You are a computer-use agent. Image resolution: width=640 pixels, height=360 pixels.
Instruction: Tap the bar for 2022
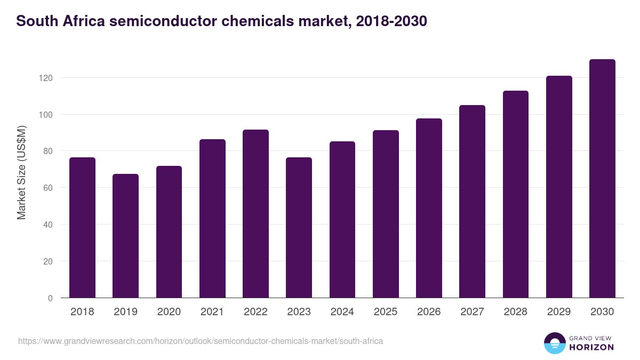click(x=255, y=214)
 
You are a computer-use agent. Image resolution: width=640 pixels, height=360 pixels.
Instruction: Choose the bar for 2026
click(x=429, y=208)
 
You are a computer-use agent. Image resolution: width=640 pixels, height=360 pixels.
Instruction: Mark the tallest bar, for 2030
click(x=602, y=179)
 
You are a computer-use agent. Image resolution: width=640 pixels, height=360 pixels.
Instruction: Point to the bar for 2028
click(x=515, y=194)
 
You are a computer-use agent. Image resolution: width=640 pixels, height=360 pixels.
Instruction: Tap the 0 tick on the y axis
click(x=50, y=298)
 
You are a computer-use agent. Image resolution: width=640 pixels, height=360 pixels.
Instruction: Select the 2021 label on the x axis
click(x=212, y=312)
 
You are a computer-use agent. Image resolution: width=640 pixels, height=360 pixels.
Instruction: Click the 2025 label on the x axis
click(x=386, y=312)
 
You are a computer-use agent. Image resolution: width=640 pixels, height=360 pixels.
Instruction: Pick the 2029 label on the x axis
click(x=559, y=312)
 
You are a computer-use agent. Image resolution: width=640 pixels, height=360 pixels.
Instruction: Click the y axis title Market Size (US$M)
click(x=21, y=172)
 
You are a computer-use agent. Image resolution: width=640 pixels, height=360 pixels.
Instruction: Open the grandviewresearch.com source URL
click(x=200, y=341)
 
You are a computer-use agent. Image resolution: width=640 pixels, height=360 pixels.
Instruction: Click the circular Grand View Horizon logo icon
click(x=554, y=343)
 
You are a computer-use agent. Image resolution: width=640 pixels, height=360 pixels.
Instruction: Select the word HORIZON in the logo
click(x=591, y=347)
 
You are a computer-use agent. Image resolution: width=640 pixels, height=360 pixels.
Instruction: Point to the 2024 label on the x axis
click(x=342, y=312)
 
